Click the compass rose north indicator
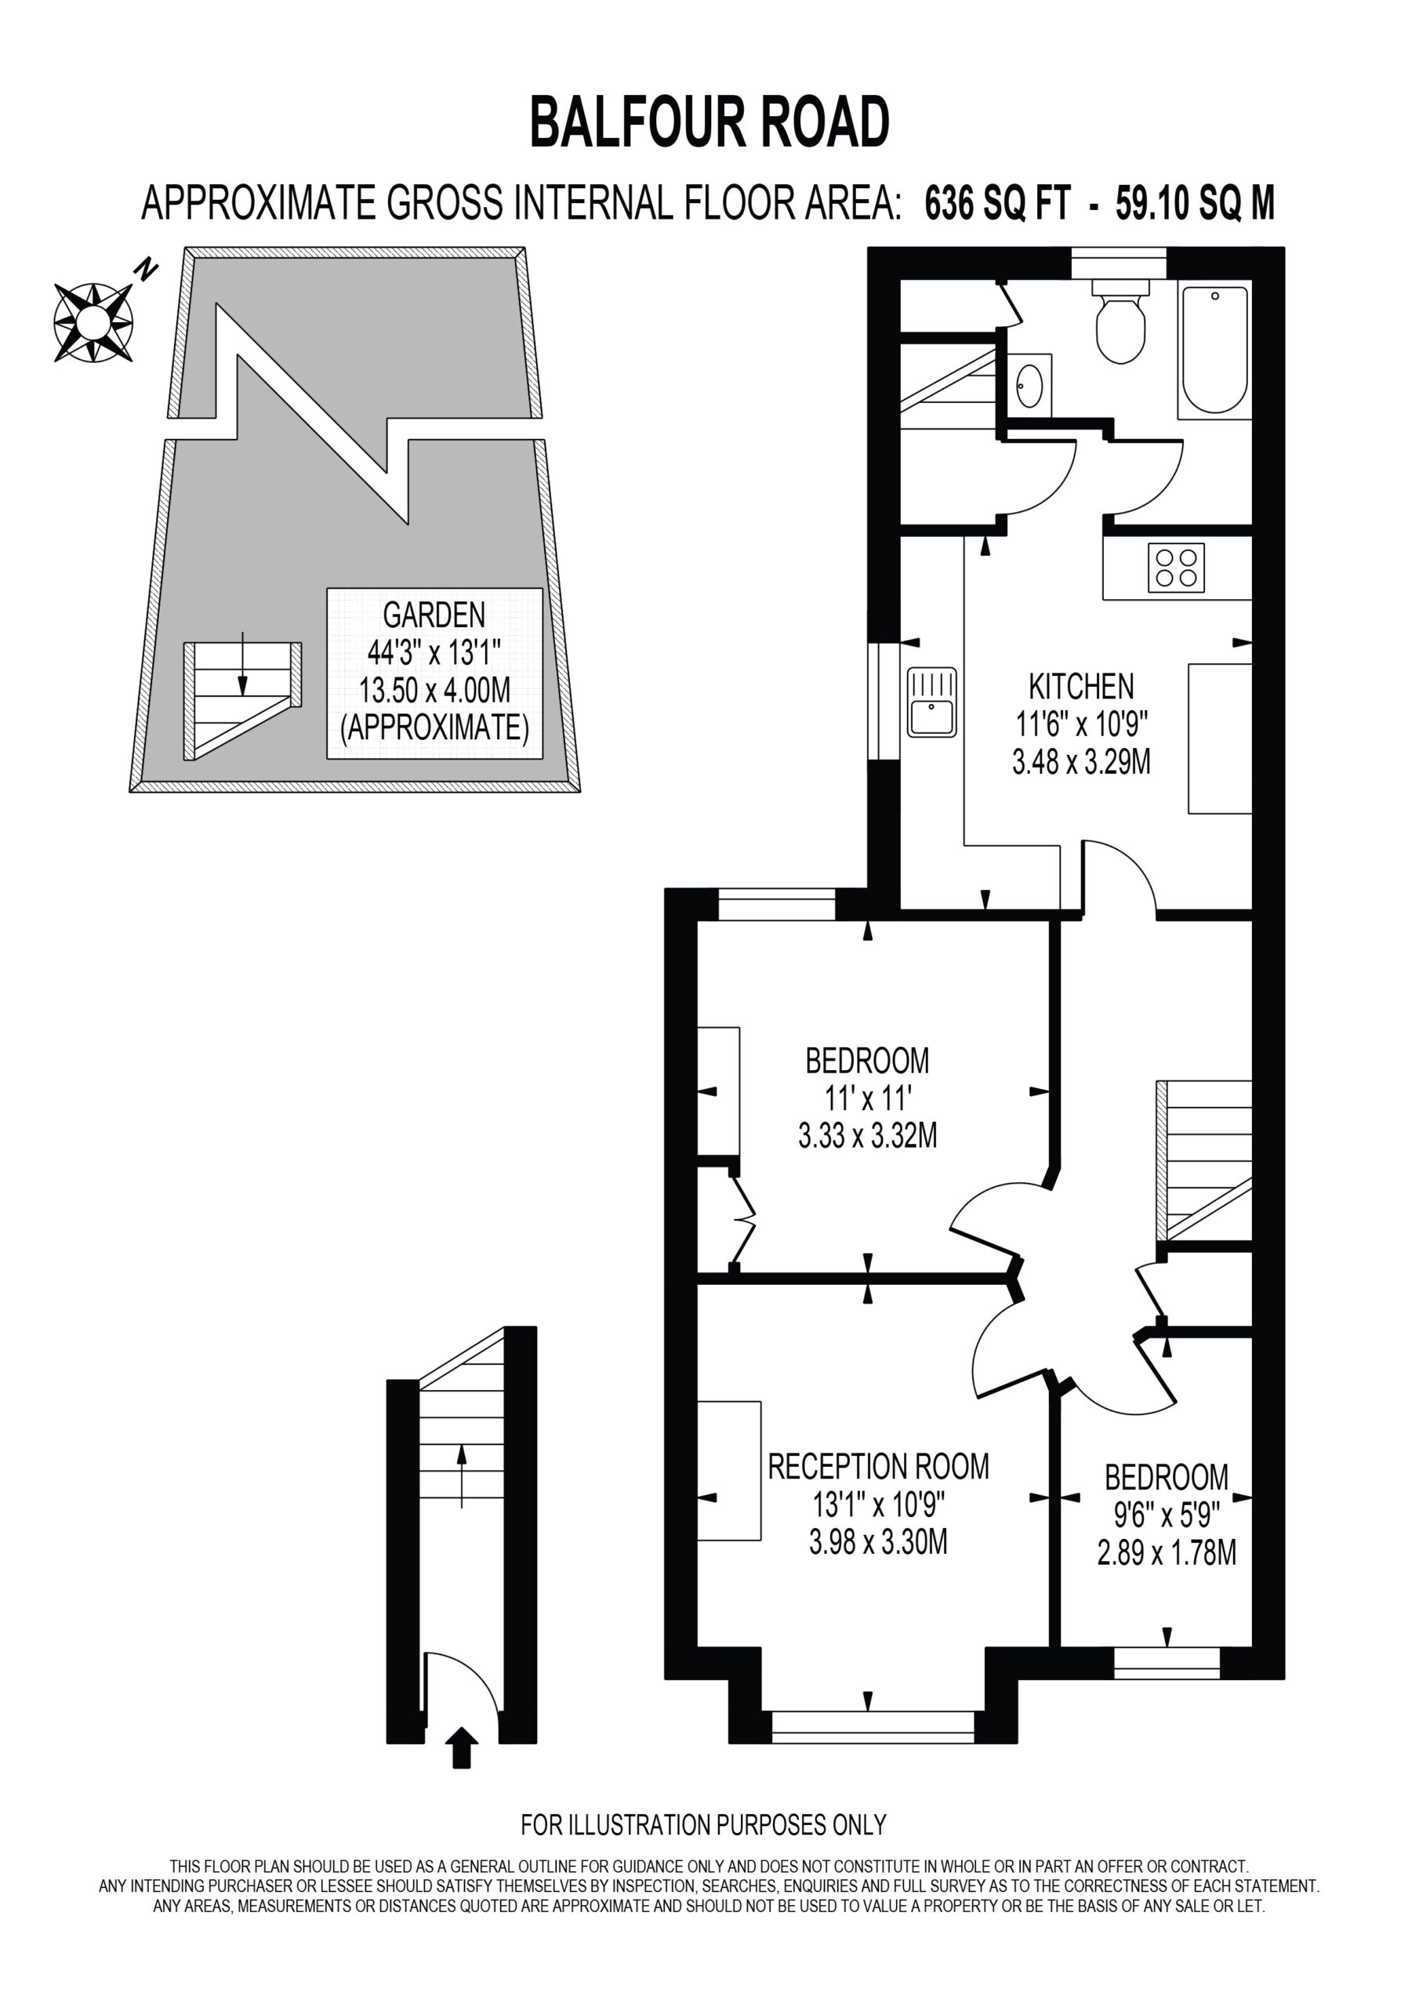[x=93, y=321]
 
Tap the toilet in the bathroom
[x=1120, y=321]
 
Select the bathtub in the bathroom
[x=1214, y=350]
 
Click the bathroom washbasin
[x=1029, y=386]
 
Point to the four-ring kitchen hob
[x=1176, y=568]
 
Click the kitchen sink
[x=932, y=702]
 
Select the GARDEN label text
[x=434, y=615]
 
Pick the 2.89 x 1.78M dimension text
[x=1167, y=1553]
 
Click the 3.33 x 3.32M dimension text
[x=867, y=1135]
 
